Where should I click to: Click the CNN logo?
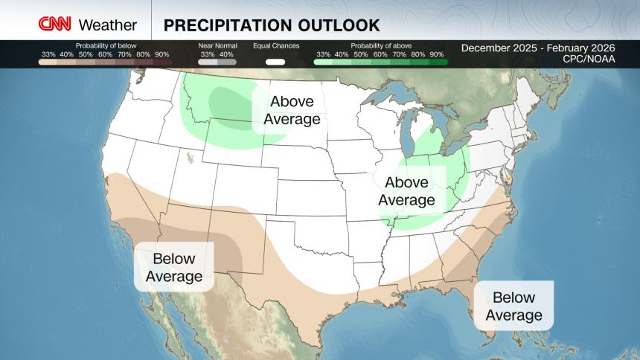click(56, 25)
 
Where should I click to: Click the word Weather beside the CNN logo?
click(107, 25)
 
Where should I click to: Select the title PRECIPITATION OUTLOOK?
click(272, 25)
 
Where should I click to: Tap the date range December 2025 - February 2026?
click(538, 48)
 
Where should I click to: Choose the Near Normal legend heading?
click(217, 46)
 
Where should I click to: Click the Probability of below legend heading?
click(106, 46)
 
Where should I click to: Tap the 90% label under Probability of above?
click(438, 54)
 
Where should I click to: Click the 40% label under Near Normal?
click(226, 54)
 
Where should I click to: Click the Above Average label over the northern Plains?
click(292, 110)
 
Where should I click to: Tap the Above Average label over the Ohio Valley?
click(406, 191)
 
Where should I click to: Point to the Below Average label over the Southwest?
click(173, 268)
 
